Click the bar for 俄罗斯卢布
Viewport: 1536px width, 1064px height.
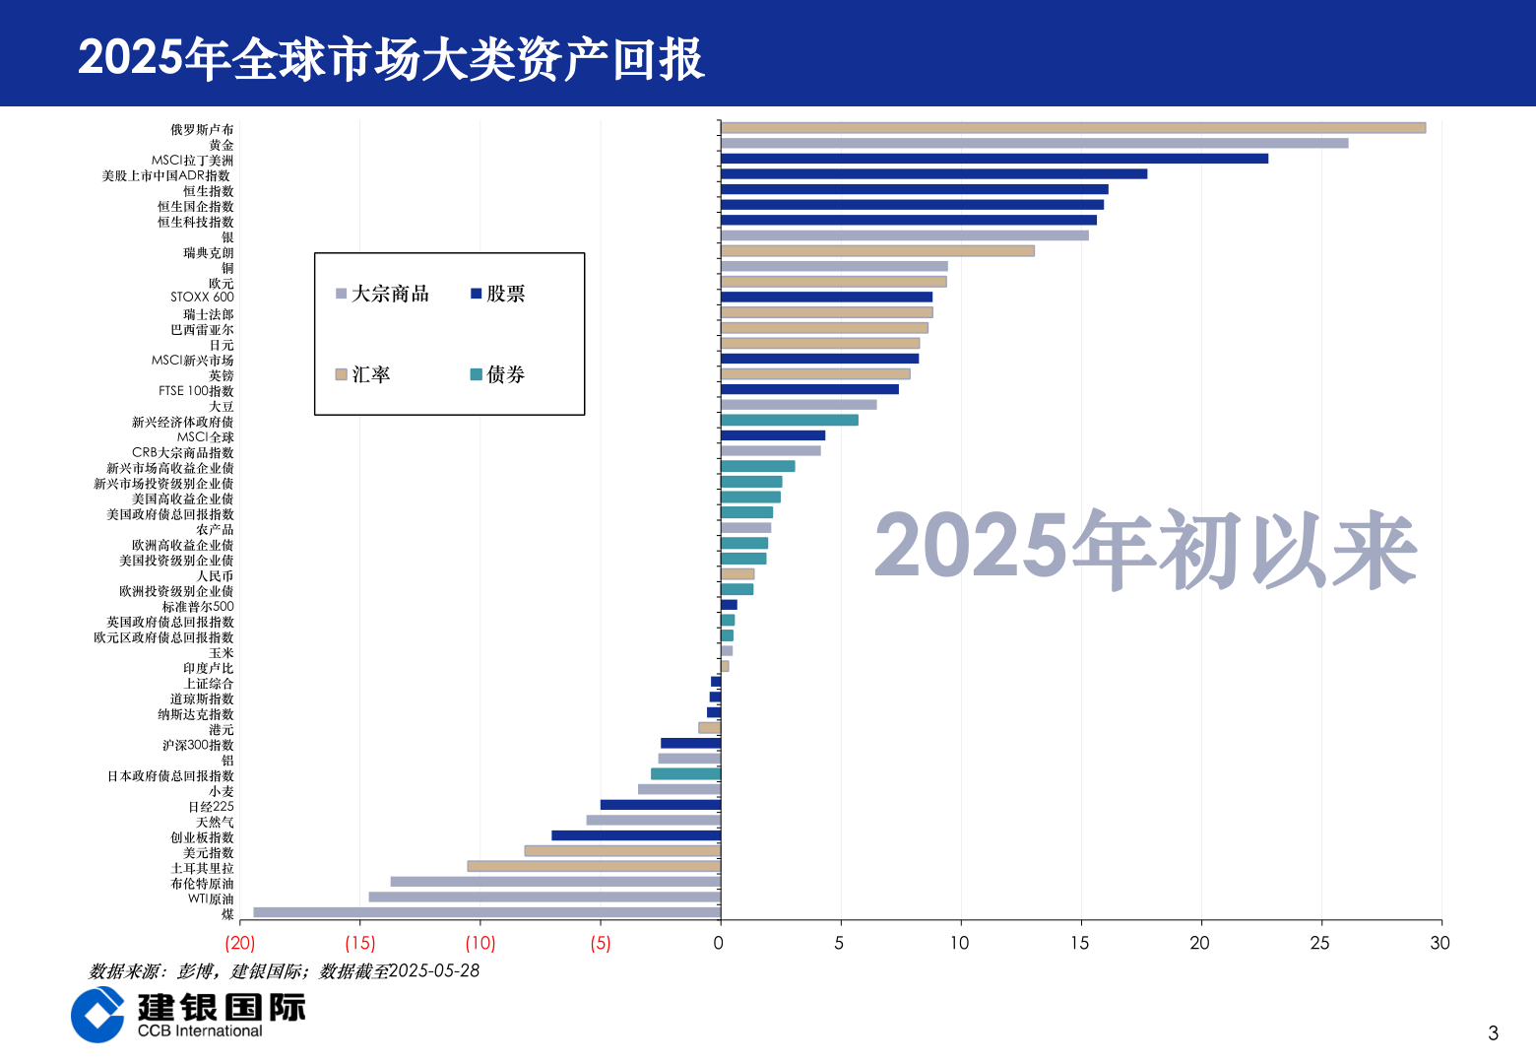(x=1072, y=128)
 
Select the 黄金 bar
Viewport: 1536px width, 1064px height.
(x=1034, y=143)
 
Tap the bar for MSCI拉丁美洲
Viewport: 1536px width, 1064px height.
(x=994, y=159)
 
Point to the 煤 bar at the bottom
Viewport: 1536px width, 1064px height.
(x=486, y=912)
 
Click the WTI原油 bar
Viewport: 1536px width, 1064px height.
(x=544, y=897)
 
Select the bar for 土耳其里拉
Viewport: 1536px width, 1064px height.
(x=594, y=866)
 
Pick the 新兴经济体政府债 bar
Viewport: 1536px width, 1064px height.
(x=790, y=420)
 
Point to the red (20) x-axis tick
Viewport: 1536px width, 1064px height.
(x=240, y=943)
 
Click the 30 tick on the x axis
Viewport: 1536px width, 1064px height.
(x=1440, y=943)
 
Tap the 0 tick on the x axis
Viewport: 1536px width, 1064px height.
(x=719, y=943)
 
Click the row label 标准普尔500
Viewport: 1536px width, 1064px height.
(x=198, y=607)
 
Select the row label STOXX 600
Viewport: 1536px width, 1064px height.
(x=202, y=297)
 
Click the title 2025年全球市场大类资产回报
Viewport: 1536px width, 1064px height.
(x=391, y=58)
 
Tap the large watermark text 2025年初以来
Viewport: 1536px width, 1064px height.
(x=1145, y=548)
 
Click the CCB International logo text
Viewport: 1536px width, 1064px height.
(x=200, y=1031)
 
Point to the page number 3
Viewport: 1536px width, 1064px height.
(x=1493, y=1032)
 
